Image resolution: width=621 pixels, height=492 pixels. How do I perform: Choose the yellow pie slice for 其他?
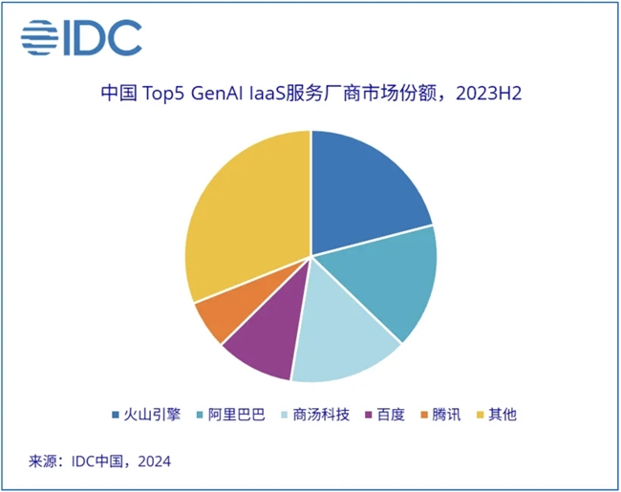click(x=244, y=220)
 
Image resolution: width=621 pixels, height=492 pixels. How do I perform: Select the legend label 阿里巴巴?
click(x=230, y=415)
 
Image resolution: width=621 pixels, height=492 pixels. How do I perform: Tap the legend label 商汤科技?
click(x=319, y=415)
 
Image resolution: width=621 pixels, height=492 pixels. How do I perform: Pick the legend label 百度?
click(x=391, y=415)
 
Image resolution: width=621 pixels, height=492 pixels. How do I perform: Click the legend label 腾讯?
click(x=449, y=415)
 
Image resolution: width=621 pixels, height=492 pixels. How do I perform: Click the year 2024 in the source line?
click(x=152, y=461)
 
